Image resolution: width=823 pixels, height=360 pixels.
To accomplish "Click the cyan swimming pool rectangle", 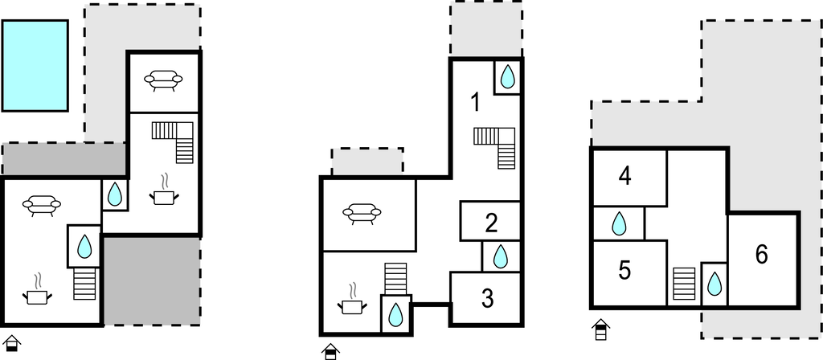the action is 35,66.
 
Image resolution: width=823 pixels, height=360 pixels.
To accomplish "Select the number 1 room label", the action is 476,102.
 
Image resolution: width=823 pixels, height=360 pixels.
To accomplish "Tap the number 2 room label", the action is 491,223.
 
